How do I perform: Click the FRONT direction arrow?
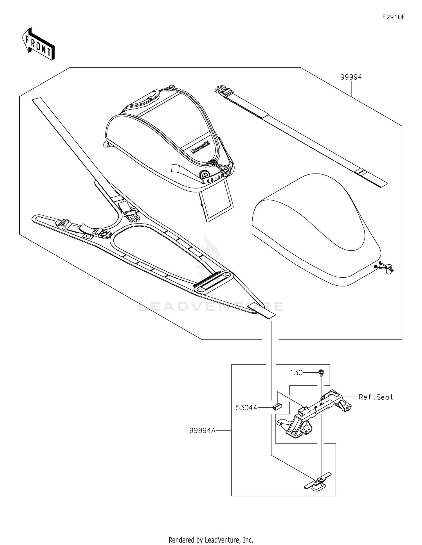[x=38, y=44]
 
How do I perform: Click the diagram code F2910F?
[x=393, y=17]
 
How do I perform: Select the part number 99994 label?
[x=351, y=77]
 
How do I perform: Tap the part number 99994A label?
[x=202, y=431]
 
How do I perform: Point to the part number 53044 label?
[x=246, y=408]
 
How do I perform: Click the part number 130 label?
[x=296, y=373]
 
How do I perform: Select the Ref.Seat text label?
[x=376, y=397]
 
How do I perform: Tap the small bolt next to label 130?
[x=321, y=373]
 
